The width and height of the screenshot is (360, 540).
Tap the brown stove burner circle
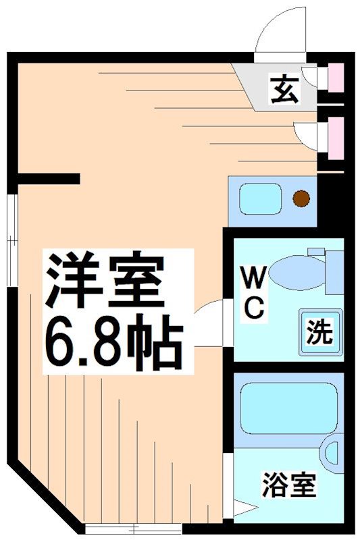pyautogui.click(x=301, y=198)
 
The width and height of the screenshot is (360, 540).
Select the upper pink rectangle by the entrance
pyautogui.click(x=336, y=78)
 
